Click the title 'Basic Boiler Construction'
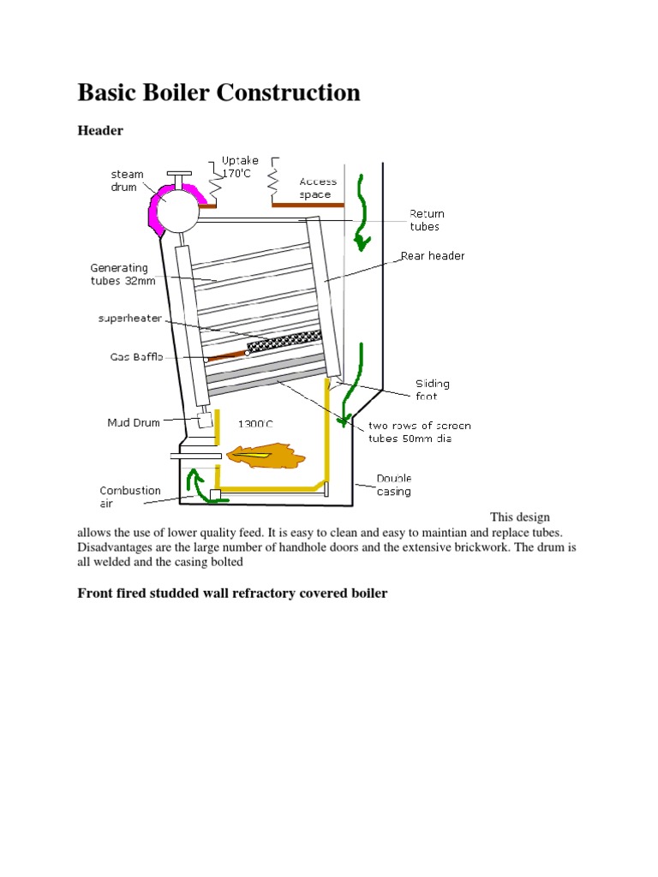pyautogui.click(x=218, y=92)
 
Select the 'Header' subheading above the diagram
pyautogui.click(x=100, y=131)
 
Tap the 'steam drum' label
pyautogui.click(x=127, y=181)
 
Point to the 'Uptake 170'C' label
pyautogui.click(x=240, y=166)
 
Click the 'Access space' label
pyautogui.click(x=318, y=188)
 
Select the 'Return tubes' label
pyautogui.click(x=426, y=220)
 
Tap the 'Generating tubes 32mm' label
pyautogui.click(x=119, y=275)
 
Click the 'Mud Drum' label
pyautogui.click(x=133, y=422)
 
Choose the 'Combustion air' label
pyautogui.click(x=130, y=497)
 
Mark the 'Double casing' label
pyautogui.click(x=394, y=485)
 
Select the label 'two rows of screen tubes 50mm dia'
pyautogui.click(x=419, y=432)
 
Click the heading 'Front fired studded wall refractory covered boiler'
pyautogui.click(x=232, y=593)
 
